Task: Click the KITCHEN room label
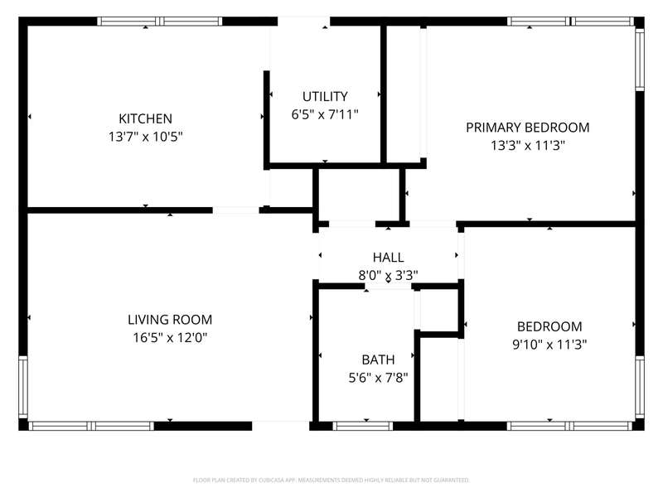(145, 118)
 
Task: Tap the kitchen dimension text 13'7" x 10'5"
(146, 137)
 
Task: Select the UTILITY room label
(325, 97)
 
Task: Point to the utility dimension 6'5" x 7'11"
(325, 114)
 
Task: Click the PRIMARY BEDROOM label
(528, 128)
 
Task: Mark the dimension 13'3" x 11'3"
(528, 146)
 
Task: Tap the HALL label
(388, 258)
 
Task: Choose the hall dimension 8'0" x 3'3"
(388, 276)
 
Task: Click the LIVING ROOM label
(170, 320)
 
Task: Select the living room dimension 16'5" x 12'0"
(170, 338)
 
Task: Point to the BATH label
(378, 359)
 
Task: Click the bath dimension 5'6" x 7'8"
(378, 378)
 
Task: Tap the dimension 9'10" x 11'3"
(549, 345)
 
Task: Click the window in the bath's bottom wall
(363, 426)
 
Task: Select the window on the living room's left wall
(23, 387)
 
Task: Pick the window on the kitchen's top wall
(160, 22)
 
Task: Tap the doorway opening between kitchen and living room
(235, 210)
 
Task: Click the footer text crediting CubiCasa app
(331, 480)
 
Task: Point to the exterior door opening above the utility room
(303, 22)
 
